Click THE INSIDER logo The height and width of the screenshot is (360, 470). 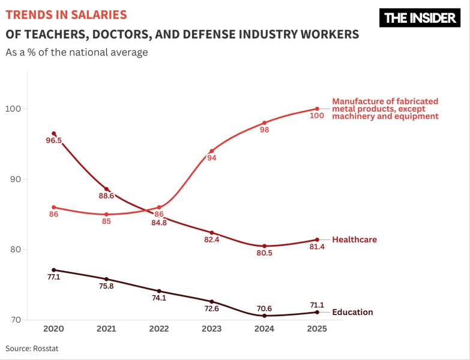tap(420, 18)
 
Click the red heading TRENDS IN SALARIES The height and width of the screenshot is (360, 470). tap(66, 14)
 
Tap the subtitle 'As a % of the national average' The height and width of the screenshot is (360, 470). tap(76, 53)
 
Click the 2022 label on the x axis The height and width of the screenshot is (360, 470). tap(159, 329)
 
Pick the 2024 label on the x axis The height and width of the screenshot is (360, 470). tap(264, 329)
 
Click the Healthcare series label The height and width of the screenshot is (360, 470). tap(354, 240)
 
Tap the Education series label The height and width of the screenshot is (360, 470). tap(352, 312)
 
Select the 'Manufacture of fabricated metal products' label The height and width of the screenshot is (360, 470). tap(385, 109)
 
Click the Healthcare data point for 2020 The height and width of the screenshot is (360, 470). tap(54, 134)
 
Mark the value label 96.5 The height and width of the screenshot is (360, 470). tap(53, 141)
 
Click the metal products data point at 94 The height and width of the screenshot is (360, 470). tap(211, 151)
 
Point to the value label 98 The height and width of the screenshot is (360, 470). tap(264, 130)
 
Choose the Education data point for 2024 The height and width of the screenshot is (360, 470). tap(264, 316)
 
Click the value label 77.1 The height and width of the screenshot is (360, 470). tap(53, 278)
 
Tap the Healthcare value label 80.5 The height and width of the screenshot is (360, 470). tap(264, 253)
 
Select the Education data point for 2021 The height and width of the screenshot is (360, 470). tap(106, 279)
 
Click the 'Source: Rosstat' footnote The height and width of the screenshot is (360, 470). tap(32, 349)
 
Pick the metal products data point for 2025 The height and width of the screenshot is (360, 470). tap(317, 109)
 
